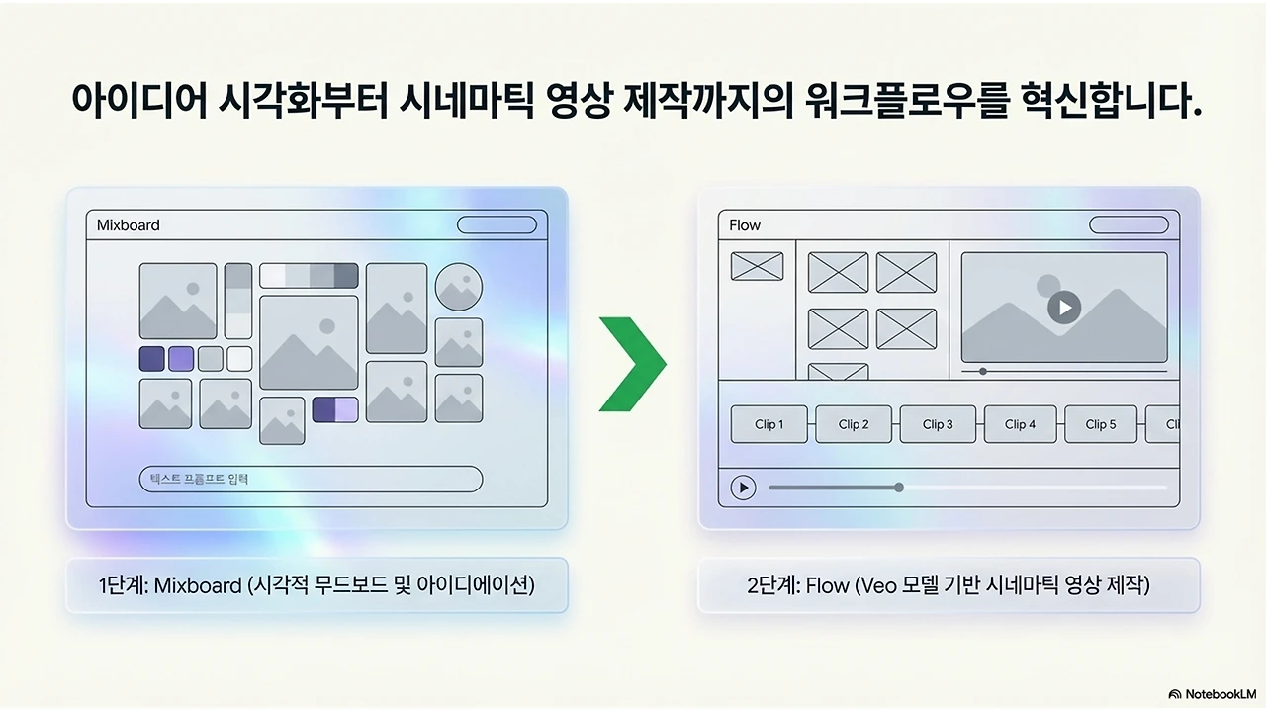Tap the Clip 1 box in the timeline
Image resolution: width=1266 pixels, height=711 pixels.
coord(769,424)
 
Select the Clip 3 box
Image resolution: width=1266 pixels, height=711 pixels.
coord(938,424)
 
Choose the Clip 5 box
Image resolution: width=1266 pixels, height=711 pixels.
coord(1101,424)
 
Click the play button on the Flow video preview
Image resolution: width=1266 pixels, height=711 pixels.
coord(1064,308)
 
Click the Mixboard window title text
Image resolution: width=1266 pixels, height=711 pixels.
coord(128,225)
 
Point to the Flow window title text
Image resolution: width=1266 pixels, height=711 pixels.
coord(745,225)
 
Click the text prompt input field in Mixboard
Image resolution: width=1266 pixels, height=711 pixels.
coord(311,480)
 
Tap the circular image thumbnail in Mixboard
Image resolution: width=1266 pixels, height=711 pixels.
coord(459,287)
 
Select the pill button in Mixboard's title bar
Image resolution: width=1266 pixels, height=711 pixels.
coord(497,225)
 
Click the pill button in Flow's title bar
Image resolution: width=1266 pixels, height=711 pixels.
coord(1129,225)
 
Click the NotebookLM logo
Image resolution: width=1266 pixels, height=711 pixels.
coord(1212,694)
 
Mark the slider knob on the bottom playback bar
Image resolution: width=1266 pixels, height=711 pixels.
coord(899,487)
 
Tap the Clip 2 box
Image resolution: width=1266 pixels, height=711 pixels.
coord(854,424)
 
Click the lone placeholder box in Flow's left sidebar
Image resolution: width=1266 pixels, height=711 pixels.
coord(757,266)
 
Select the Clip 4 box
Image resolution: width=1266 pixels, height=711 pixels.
coord(1020,424)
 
